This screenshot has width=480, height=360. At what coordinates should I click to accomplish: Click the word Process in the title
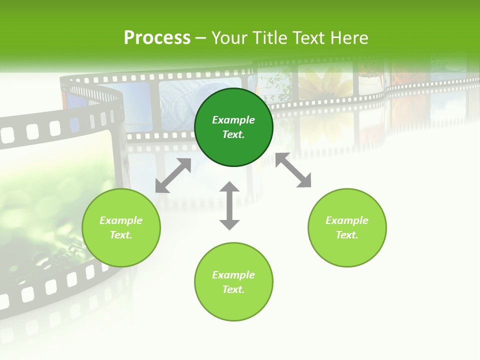(157, 38)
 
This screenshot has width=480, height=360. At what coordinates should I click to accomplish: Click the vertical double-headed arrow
(229, 205)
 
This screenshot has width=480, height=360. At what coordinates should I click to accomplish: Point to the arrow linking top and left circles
(173, 175)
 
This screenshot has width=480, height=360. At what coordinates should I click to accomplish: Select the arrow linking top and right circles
(293, 170)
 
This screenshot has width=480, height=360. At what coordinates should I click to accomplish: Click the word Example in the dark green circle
(233, 120)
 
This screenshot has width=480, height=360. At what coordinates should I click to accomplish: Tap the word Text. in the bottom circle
(233, 289)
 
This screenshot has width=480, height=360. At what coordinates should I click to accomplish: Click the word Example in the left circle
(121, 220)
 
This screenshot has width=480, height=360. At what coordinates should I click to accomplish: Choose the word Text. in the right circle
(347, 235)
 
